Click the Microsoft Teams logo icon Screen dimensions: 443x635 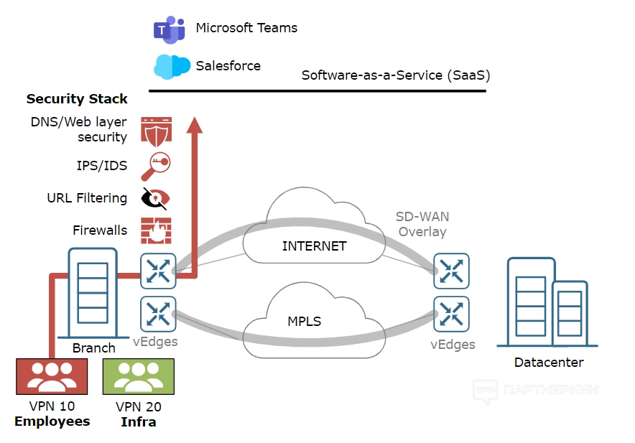tap(169, 29)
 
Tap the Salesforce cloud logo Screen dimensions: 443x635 tap(172, 66)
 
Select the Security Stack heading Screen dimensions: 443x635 tap(77, 99)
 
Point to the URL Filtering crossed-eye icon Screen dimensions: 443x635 tap(156, 198)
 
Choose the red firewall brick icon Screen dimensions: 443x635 tap(156, 230)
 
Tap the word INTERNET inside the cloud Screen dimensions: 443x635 tap(315, 246)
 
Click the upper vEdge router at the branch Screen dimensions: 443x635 tap(157, 271)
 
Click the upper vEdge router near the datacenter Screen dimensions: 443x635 tap(451, 271)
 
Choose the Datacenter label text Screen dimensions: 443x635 tap(549, 363)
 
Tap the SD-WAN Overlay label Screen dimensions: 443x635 tap(422, 224)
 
